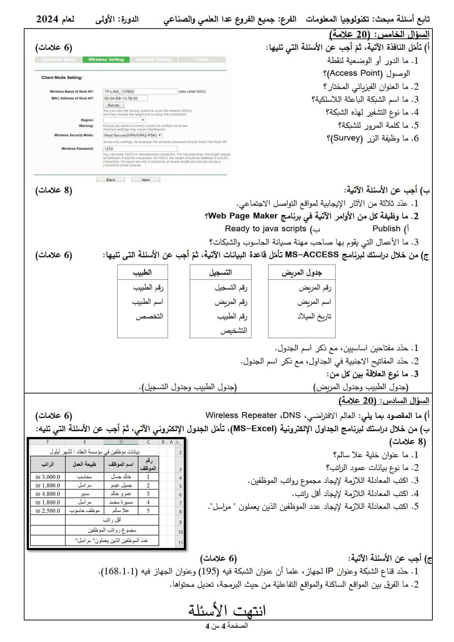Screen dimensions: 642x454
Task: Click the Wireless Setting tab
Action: pyautogui.click(x=106, y=60)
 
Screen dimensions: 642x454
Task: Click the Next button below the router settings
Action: pyautogui.click(x=146, y=180)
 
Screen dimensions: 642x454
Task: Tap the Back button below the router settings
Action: pyautogui.click(x=111, y=180)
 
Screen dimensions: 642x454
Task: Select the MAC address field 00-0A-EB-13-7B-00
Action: pyautogui.click(x=125, y=98)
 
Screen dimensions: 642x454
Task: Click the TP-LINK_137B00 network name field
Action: pyautogui.click(x=140, y=92)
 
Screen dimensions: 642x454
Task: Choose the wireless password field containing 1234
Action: pyautogui.click(x=140, y=149)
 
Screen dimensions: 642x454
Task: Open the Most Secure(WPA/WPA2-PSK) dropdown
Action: pyautogui.click(x=133, y=135)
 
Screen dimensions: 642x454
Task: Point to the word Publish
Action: pyautogui.click(x=386, y=229)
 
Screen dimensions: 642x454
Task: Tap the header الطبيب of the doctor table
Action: pyautogui.click(x=142, y=273)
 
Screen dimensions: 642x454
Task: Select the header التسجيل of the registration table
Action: pyautogui.click(x=220, y=273)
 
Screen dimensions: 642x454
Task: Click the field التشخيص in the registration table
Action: pyautogui.click(x=234, y=331)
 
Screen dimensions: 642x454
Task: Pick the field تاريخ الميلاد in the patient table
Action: pyautogui.click(x=314, y=316)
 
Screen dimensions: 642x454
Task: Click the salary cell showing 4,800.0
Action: pyautogui.click(x=48, y=494)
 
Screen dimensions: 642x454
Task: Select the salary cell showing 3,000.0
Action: pyautogui.click(x=48, y=477)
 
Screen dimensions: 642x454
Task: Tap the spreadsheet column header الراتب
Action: pyautogui.click(x=48, y=464)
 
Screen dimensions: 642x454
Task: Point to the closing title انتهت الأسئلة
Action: pyautogui.click(x=227, y=611)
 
